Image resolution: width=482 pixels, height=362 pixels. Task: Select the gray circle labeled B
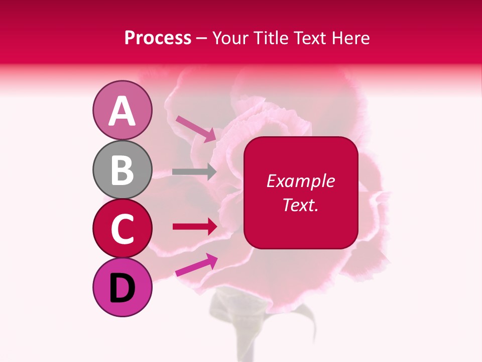pyautogui.click(x=122, y=169)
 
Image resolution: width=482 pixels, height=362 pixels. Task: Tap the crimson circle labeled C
pyautogui.click(x=122, y=228)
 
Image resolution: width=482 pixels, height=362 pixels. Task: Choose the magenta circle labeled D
pyautogui.click(x=122, y=287)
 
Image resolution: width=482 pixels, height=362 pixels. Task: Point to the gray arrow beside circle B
pyautogui.click(x=194, y=171)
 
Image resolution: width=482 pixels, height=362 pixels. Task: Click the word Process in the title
pyautogui.click(x=158, y=38)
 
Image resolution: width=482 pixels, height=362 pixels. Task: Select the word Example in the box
pyautogui.click(x=300, y=181)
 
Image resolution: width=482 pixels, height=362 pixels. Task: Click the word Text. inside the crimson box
pyautogui.click(x=300, y=205)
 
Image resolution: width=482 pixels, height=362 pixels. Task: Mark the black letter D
pyautogui.click(x=122, y=288)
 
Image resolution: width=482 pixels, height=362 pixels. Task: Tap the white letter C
pyautogui.click(x=122, y=229)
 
